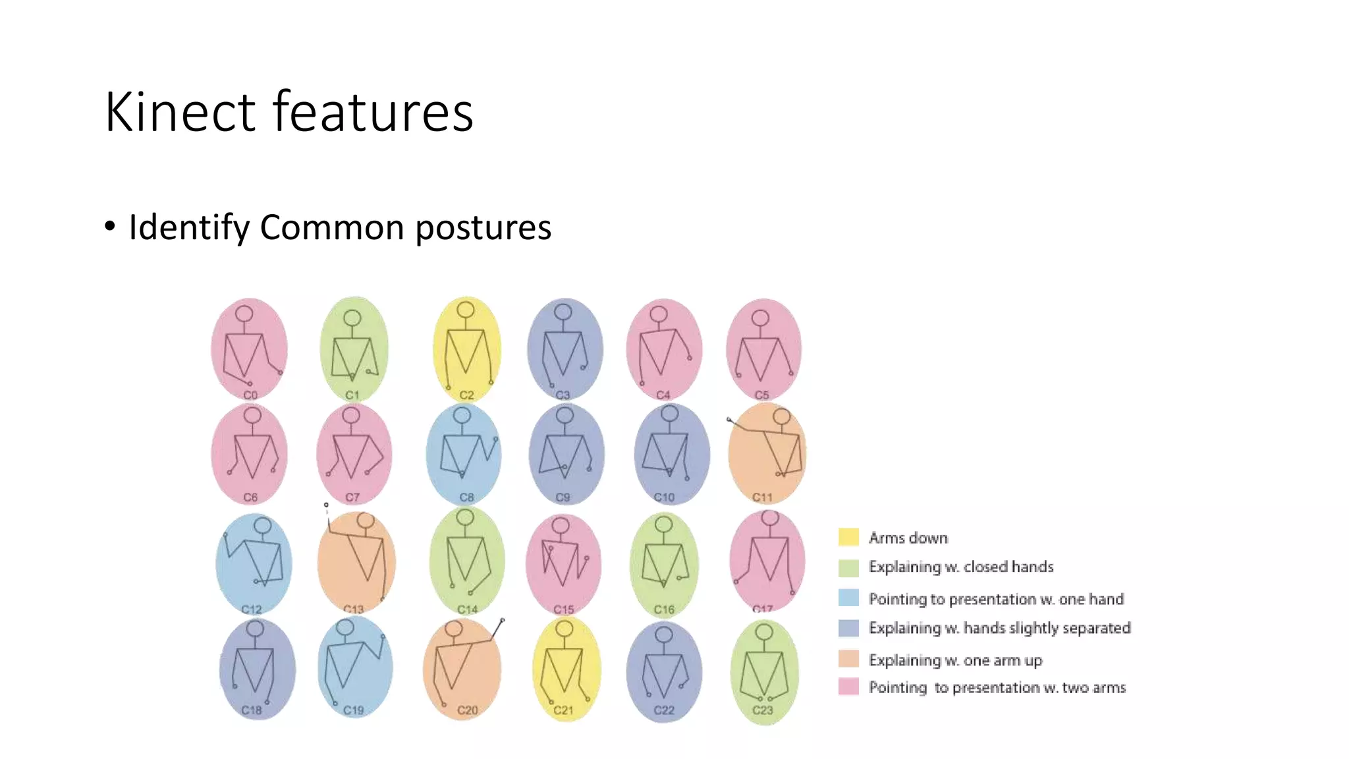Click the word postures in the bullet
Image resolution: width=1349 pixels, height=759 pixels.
(x=483, y=228)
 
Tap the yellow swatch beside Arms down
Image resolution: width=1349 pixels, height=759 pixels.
(x=848, y=537)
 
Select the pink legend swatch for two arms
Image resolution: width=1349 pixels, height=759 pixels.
(x=848, y=687)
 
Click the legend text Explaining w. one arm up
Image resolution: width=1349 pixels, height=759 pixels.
(x=955, y=660)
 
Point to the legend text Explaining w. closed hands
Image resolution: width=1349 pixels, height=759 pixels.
(x=960, y=567)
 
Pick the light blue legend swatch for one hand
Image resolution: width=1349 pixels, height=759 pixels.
(x=848, y=598)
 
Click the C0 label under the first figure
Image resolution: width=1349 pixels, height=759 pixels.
(x=250, y=395)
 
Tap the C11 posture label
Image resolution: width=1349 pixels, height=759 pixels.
(x=762, y=497)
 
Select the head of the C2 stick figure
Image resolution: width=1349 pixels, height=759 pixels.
(x=466, y=310)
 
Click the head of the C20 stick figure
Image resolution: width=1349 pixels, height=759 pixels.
(x=453, y=629)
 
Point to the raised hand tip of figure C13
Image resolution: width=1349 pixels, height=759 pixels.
(x=326, y=505)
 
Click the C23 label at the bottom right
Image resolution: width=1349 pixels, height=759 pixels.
(x=762, y=710)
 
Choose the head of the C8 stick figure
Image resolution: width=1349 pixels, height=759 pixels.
(x=462, y=415)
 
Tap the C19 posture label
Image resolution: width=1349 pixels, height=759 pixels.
(x=353, y=710)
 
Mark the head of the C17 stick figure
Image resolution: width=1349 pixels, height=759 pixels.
(x=770, y=518)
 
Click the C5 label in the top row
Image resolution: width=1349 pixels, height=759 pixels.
(x=761, y=395)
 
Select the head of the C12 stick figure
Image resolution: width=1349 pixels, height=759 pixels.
(x=263, y=526)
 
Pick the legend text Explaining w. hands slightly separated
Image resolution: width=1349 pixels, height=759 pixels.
(x=999, y=628)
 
